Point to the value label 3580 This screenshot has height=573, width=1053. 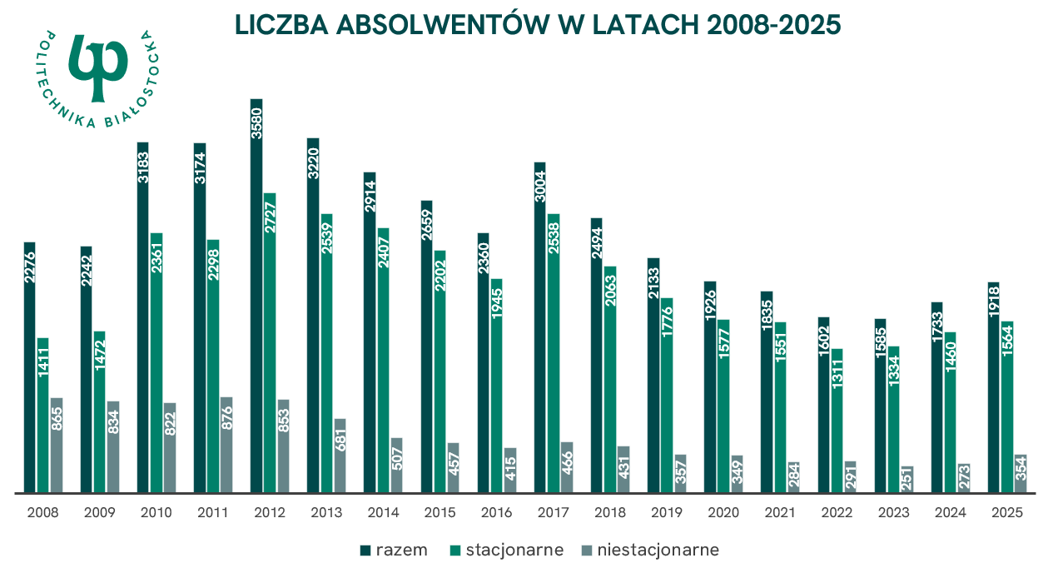click(256, 124)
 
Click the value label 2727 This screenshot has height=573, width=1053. click(270, 218)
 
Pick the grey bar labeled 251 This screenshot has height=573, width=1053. click(907, 479)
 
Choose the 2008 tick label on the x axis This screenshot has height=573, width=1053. click(42, 513)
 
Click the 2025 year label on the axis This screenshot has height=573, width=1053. click(1007, 513)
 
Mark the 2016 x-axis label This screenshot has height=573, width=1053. click(497, 513)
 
